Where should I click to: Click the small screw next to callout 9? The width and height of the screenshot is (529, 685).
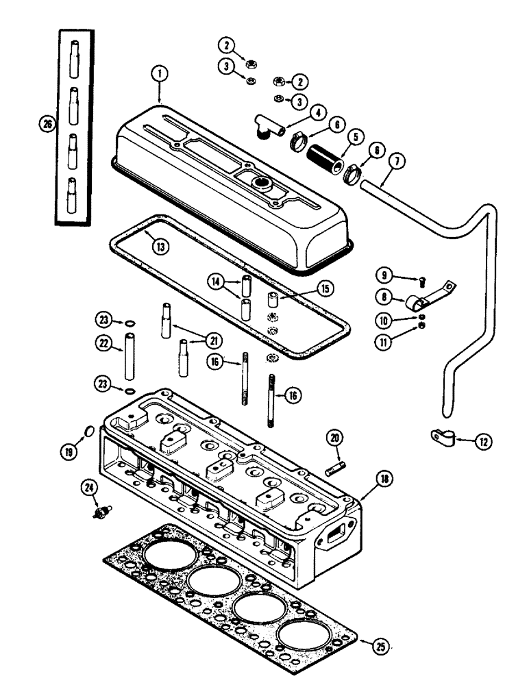423,281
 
